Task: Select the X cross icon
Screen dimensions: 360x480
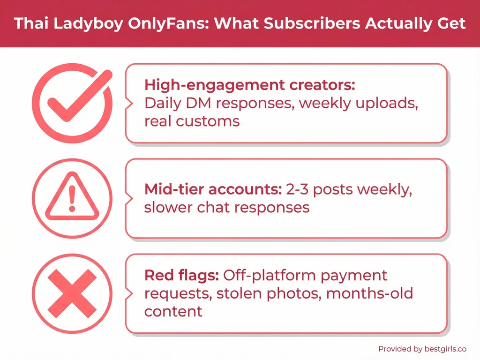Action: point(72,293)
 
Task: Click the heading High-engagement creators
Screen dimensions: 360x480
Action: point(249,85)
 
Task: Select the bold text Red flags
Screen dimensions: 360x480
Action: point(181,275)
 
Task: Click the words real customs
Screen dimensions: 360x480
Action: point(192,121)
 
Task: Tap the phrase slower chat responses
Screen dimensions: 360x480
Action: point(226,207)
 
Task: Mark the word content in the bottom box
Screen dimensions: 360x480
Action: point(173,311)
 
